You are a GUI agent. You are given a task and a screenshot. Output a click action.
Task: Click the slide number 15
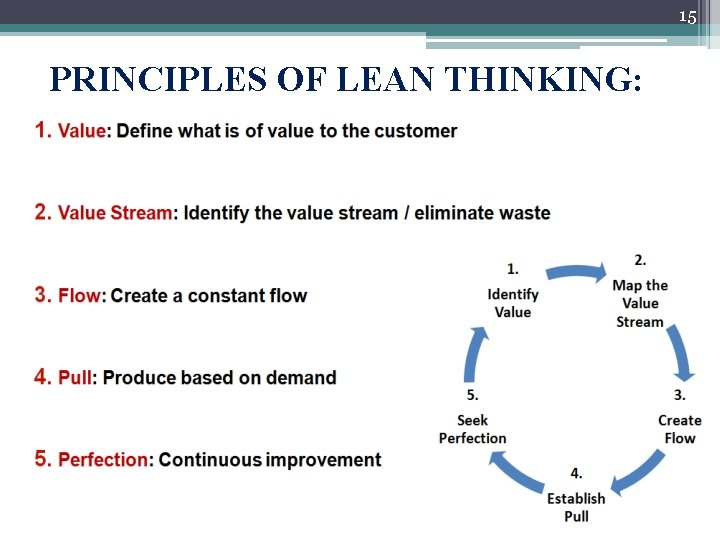pyautogui.click(x=687, y=17)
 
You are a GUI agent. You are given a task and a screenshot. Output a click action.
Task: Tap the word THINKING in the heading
pyautogui.click(x=540, y=78)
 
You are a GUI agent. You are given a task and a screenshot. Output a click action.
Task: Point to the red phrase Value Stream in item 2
pyautogui.click(x=115, y=213)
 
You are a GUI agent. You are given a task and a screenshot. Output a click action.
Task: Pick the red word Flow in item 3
pyautogui.click(x=80, y=296)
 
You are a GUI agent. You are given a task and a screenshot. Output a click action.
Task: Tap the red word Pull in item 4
pyautogui.click(x=75, y=378)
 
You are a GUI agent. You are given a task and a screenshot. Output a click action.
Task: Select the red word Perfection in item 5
pyautogui.click(x=103, y=460)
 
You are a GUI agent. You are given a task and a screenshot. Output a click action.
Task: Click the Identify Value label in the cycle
pyautogui.click(x=513, y=302)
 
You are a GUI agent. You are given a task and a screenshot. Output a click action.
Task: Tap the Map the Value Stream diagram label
pyautogui.click(x=640, y=303)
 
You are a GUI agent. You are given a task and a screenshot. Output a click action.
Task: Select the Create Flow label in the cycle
pyautogui.click(x=680, y=429)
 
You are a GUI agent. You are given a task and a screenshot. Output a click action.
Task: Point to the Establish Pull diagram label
pyautogui.click(x=576, y=506)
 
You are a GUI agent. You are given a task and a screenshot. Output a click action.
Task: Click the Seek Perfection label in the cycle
pyautogui.click(x=473, y=429)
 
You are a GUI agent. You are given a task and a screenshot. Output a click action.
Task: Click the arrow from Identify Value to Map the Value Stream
pyautogui.click(x=575, y=271)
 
